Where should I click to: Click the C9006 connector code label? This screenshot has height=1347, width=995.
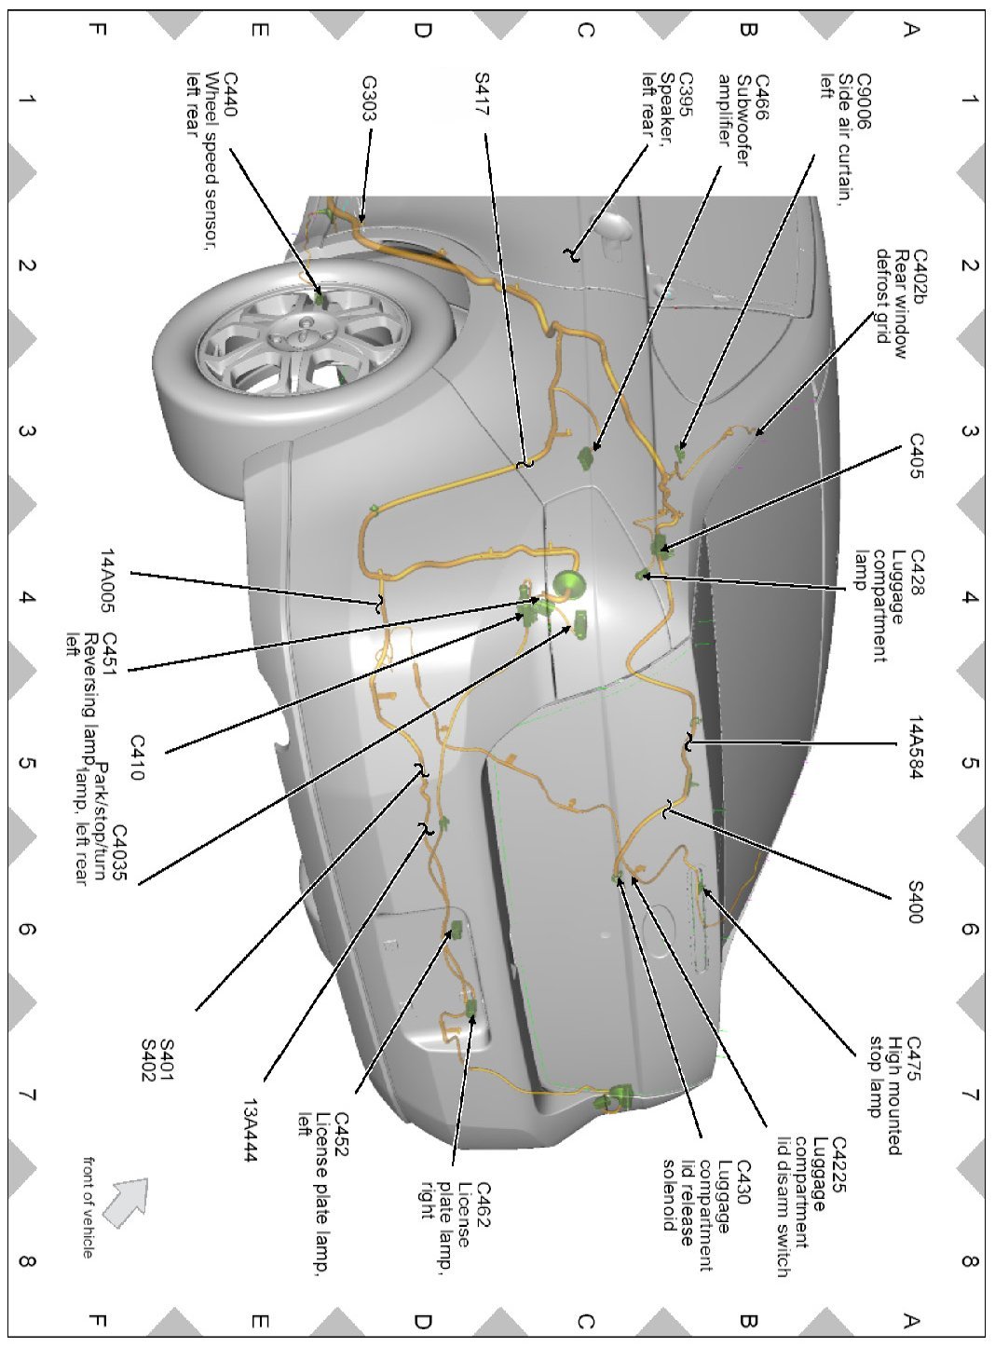pyautogui.click(x=864, y=94)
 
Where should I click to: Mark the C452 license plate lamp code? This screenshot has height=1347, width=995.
pyautogui.click(x=340, y=1131)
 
